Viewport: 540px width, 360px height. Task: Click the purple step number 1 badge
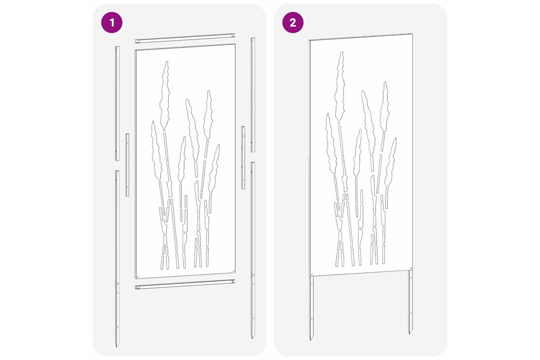point(112,23)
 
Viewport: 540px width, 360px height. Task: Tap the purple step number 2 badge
point(293,23)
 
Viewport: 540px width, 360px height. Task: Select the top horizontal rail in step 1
point(185,38)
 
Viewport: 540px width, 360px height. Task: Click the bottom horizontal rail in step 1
point(185,284)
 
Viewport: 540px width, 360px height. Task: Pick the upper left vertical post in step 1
point(117,103)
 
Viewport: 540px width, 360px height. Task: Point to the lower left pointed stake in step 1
point(117,258)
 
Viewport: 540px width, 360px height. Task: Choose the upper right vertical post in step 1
point(253,95)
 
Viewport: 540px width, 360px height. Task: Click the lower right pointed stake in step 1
point(253,250)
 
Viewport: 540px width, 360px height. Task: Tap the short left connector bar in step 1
point(127,165)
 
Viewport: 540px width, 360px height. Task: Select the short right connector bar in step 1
point(243,158)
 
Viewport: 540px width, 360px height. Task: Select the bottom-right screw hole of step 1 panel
point(233,271)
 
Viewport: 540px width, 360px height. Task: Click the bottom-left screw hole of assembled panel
point(312,274)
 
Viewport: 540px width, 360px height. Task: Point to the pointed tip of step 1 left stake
point(116,347)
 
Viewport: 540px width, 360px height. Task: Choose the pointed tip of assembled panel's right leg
point(410,334)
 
